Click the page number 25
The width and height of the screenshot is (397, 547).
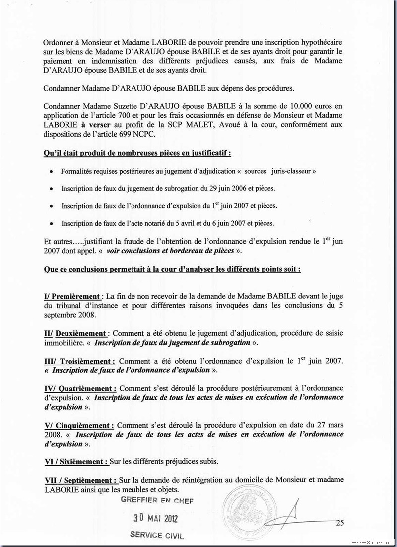(x=340, y=522)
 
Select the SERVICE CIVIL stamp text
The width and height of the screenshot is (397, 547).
(x=156, y=537)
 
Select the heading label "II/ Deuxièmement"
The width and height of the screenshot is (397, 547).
(x=74, y=333)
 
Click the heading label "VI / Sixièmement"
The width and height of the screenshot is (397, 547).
(x=75, y=461)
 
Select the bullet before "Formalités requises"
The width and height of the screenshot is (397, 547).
(x=52, y=172)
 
